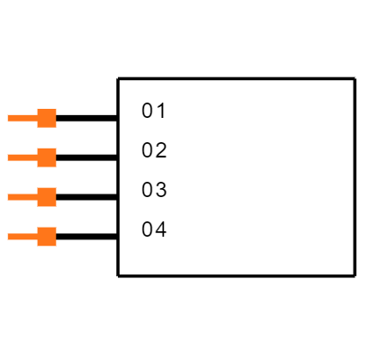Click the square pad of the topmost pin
[47, 118]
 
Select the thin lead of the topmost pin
[22, 118]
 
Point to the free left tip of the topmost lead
[8, 118]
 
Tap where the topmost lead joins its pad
[37, 118]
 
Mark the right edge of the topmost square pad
[56, 118]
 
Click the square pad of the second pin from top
[47, 157]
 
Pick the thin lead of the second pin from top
[22, 157]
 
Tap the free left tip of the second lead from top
[8, 157]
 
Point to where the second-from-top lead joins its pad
[37, 157]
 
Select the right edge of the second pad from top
[56, 157]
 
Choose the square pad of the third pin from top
[47, 197]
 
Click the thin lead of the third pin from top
[22, 197]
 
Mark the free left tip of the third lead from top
[8, 197]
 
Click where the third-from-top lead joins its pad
[37, 197]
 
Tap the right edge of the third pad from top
[56, 197]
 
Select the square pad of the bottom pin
[47, 237]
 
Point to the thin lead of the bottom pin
[22, 237]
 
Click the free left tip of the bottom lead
[8, 237]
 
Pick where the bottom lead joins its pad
[37, 237]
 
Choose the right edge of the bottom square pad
[56, 237]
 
